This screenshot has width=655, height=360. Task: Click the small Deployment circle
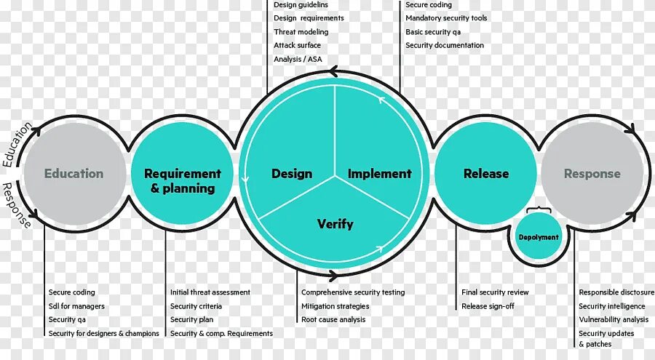pos(539,237)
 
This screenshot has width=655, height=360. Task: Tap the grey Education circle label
pos(74,174)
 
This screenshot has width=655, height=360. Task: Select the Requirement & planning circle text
pos(182,180)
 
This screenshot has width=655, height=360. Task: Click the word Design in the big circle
pos(292,174)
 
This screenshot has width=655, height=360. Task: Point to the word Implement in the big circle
pos(379,174)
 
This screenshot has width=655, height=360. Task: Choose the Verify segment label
pos(335,223)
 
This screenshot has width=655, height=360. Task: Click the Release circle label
pos(486,174)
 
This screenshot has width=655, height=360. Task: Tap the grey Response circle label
pos(592,174)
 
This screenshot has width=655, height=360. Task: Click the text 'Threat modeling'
pos(301,32)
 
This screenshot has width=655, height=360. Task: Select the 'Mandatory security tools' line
pos(446,18)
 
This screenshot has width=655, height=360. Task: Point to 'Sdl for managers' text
pos(76,306)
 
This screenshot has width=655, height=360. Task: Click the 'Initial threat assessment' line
pos(210,292)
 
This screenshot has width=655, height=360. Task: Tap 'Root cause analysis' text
pos(333,319)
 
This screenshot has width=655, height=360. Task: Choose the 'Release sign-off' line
pos(488,306)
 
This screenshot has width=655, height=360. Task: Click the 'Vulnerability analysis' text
pos(614,319)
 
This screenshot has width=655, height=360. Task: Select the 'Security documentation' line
pos(445,45)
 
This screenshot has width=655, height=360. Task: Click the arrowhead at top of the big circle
pos(333,71)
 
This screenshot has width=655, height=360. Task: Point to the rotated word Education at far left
pos(16,145)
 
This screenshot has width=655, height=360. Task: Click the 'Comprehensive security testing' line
pos(353,292)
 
